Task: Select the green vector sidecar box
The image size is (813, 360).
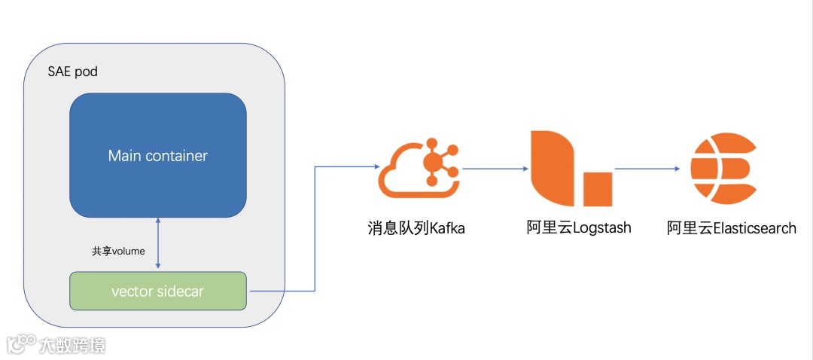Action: coord(158,291)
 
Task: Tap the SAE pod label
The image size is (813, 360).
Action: coord(72,72)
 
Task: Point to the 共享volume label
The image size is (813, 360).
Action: coord(117,251)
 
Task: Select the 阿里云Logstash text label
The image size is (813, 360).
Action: coord(579,228)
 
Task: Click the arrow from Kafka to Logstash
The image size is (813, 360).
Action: coord(493,169)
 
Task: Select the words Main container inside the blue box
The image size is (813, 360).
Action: coord(158,157)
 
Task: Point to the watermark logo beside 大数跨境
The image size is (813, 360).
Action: coord(21,344)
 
